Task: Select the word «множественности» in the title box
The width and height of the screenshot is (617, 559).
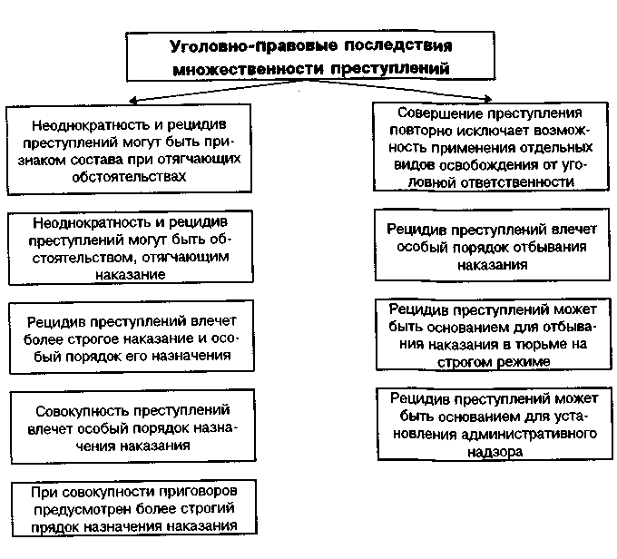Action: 235,68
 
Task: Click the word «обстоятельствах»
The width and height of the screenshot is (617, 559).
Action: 126,175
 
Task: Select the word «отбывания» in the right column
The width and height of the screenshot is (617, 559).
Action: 545,247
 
